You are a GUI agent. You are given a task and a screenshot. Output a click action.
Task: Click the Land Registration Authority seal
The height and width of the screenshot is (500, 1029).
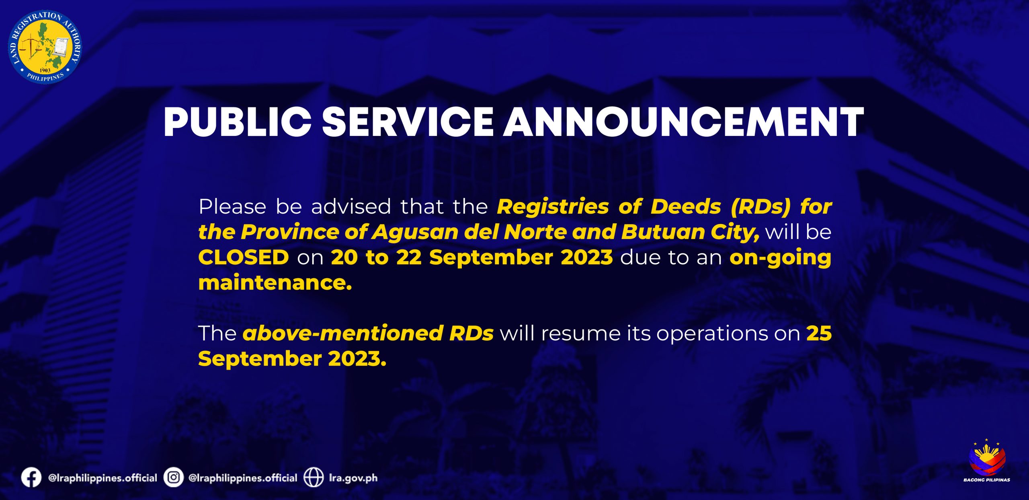click(x=45, y=47)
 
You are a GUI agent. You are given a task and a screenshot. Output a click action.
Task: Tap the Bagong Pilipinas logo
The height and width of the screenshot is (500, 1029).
click(x=987, y=461)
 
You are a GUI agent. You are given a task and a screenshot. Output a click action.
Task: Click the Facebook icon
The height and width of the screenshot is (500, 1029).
click(x=31, y=478)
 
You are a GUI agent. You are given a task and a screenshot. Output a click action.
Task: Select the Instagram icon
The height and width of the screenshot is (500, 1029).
click(x=174, y=478)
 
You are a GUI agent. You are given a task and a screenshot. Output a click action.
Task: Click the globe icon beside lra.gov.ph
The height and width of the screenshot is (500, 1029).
click(x=314, y=478)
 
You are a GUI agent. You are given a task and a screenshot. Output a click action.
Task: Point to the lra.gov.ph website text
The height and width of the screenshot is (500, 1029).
click(x=353, y=478)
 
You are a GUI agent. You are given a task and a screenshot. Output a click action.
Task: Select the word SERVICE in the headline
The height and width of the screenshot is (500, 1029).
click(x=408, y=122)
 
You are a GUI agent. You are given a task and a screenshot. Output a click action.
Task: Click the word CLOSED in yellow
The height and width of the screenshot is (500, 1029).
click(x=244, y=257)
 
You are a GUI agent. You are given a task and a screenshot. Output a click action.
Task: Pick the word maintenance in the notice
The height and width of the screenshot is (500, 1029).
click(x=275, y=282)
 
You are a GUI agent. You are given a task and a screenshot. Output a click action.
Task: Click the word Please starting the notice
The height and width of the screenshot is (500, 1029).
click(x=232, y=207)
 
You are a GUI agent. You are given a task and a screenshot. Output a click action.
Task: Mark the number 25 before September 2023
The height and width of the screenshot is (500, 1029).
click(x=819, y=333)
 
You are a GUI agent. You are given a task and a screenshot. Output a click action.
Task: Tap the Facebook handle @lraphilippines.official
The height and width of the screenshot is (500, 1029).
click(x=102, y=478)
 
